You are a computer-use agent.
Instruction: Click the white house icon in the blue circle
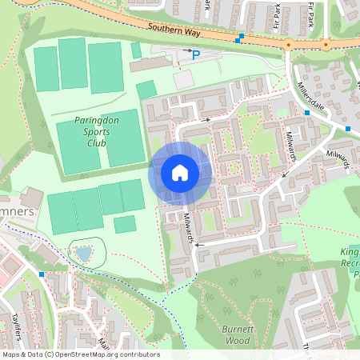pyautogui.click(x=180, y=173)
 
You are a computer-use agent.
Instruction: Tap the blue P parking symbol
pyautogui.click(x=195, y=54)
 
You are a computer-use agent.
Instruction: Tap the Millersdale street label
pyautogui.click(x=314, y=96)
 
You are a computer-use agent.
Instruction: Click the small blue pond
pyautogui.click(x=84, y=254)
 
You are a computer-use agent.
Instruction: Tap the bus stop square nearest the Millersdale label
pyautogui.click(x=307, y=114)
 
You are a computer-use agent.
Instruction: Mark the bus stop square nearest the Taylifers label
pyautogui.click(x=41, y=274)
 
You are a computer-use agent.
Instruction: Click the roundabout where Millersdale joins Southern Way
pyautogui.click(x=287, y=46)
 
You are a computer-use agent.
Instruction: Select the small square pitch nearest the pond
pyautogui.click(x=125, y=224)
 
